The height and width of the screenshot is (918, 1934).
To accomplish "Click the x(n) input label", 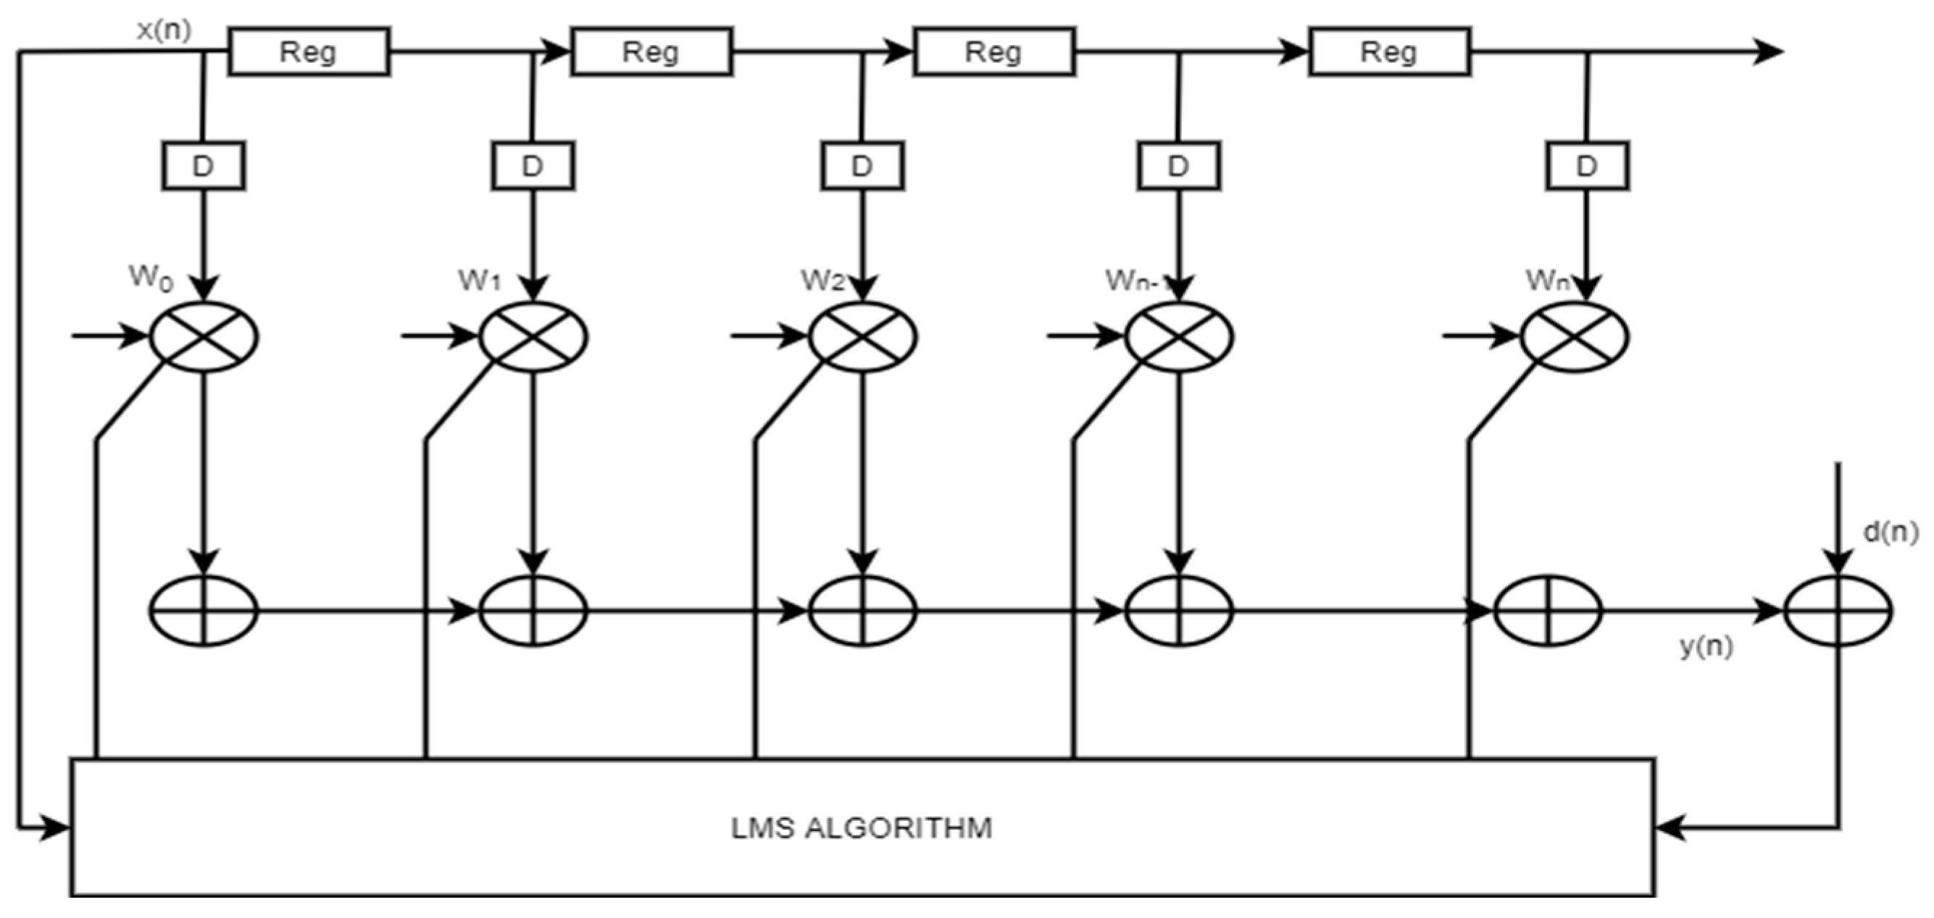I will [164, 30].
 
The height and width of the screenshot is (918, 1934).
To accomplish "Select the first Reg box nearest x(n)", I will [309, 51].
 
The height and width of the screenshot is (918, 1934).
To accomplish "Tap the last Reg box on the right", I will [1389, 51].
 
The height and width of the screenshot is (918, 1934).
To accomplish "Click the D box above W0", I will [203, 166].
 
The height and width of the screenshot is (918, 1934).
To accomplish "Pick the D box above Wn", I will [1586, 166].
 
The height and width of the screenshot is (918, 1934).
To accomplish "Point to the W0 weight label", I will [151, 278].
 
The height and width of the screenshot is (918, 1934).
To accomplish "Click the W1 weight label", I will [479, 280].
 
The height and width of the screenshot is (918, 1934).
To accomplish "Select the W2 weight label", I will [822, 280].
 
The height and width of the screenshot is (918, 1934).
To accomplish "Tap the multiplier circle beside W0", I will [204, 336].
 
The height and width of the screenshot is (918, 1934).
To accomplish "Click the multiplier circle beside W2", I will [862, 336].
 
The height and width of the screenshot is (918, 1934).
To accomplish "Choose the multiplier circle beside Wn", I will [1574, 336].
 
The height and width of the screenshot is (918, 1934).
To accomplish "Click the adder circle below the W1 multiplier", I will [533, 611].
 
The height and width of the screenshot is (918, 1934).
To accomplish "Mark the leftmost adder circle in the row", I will [204, 611].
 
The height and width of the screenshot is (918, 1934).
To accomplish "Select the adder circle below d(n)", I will [1837, 611].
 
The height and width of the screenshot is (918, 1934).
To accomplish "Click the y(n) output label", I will [1706, 647].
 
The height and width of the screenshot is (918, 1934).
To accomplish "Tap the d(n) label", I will [1891, 533].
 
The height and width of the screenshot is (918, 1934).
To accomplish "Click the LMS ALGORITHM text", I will [861, 828].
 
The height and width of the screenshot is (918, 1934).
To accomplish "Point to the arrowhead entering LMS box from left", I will [57, 828].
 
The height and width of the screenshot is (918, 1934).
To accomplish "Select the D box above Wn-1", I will [1179, 166].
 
